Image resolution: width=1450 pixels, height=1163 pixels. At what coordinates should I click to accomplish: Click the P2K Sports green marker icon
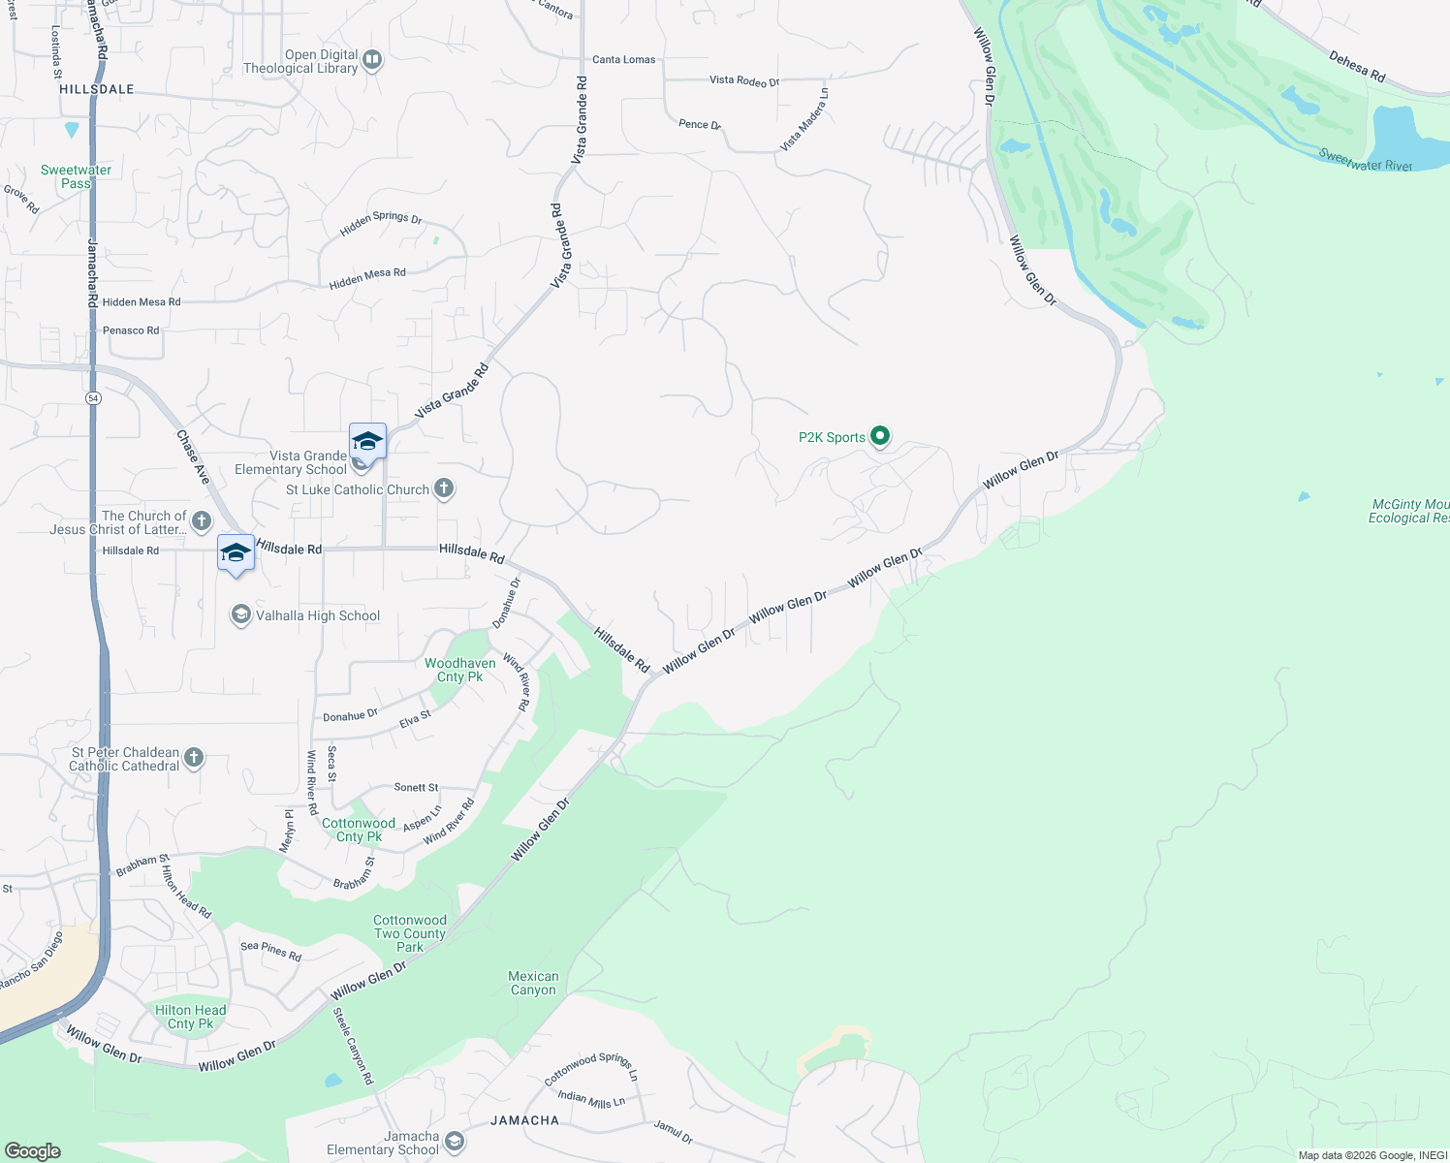click(880, 436)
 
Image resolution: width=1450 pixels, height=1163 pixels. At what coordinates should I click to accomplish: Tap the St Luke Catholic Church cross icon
click(444, 488)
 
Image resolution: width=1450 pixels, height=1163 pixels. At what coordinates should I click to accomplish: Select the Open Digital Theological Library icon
click(372, 60)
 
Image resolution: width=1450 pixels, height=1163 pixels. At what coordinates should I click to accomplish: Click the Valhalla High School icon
click(240, 615)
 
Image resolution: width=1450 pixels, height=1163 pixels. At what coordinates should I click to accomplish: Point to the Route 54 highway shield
click(93, 398)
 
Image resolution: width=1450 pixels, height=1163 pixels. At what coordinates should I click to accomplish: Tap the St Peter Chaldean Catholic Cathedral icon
click(194, 758)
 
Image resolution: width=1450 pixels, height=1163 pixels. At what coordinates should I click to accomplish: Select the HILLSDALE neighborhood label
click(97, 89)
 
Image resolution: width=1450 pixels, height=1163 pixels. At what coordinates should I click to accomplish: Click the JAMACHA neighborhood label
click(524, 1120)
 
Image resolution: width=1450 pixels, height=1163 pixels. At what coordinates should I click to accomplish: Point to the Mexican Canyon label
click(533, 983)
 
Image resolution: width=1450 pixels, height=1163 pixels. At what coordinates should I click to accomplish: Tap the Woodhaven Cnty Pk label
click(460, 670)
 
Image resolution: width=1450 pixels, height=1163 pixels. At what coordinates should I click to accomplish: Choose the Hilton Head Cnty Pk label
click(191, 1017)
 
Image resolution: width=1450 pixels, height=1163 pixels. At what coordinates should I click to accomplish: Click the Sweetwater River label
click(1365, 161)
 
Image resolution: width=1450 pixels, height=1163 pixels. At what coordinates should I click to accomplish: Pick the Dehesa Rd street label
click(1357, 66)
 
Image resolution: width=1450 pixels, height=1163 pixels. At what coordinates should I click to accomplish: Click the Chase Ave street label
click(193, 457)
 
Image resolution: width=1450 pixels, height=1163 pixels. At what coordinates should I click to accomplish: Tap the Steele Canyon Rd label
click(353, 1047)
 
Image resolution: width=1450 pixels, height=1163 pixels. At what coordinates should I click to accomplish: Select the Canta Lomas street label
click(623, 60)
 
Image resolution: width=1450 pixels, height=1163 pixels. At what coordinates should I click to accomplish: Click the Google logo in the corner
click(32, 1151)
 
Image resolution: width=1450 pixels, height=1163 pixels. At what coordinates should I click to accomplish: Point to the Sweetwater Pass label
click(76, 176)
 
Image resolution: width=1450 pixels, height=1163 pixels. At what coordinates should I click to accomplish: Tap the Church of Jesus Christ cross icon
click(202, 521)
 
